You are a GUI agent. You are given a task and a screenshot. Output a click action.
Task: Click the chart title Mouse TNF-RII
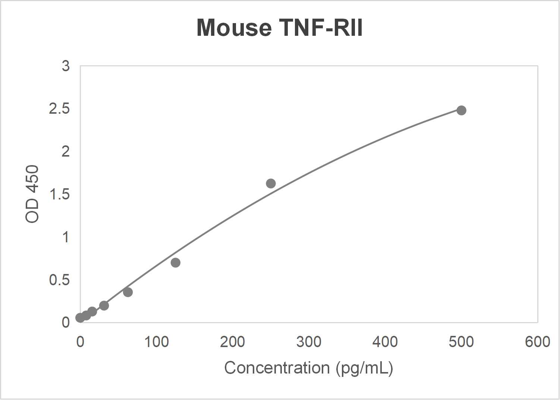point(279,28)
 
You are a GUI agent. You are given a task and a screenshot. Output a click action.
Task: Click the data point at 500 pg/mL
point(461,110)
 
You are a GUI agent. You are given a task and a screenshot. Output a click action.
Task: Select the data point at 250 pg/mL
point(271,183)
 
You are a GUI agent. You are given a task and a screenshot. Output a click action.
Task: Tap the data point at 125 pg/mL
point(176,263)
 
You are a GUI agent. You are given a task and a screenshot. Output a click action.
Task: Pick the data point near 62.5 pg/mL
point(128,292)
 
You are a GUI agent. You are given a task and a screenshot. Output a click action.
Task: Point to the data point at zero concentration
point(80,318)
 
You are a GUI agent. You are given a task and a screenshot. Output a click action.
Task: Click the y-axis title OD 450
point(32,194)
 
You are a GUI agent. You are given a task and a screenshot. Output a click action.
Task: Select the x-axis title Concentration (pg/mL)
point(308,368)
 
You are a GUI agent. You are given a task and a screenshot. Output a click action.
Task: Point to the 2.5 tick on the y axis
point(59,109)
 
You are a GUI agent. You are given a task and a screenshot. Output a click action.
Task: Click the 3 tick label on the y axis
point(66,66)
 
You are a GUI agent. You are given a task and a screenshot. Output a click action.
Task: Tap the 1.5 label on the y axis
point(59,194)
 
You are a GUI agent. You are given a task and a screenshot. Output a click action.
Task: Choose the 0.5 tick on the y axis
point(59,280)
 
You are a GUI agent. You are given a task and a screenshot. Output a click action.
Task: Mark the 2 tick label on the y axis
point(66,152)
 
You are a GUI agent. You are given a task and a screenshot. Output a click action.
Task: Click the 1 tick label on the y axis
point(66,237)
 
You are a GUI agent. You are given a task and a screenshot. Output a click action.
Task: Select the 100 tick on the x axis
point(156,342)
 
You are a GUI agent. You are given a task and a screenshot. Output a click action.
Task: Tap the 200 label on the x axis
point(232,342)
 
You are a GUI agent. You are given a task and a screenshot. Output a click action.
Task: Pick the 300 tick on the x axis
point(309,342)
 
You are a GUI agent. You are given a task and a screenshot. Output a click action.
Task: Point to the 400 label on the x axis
point(385,342)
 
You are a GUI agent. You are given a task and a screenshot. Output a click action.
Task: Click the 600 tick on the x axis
point(537,342)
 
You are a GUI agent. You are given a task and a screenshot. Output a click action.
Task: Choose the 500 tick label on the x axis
point(461,342)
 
